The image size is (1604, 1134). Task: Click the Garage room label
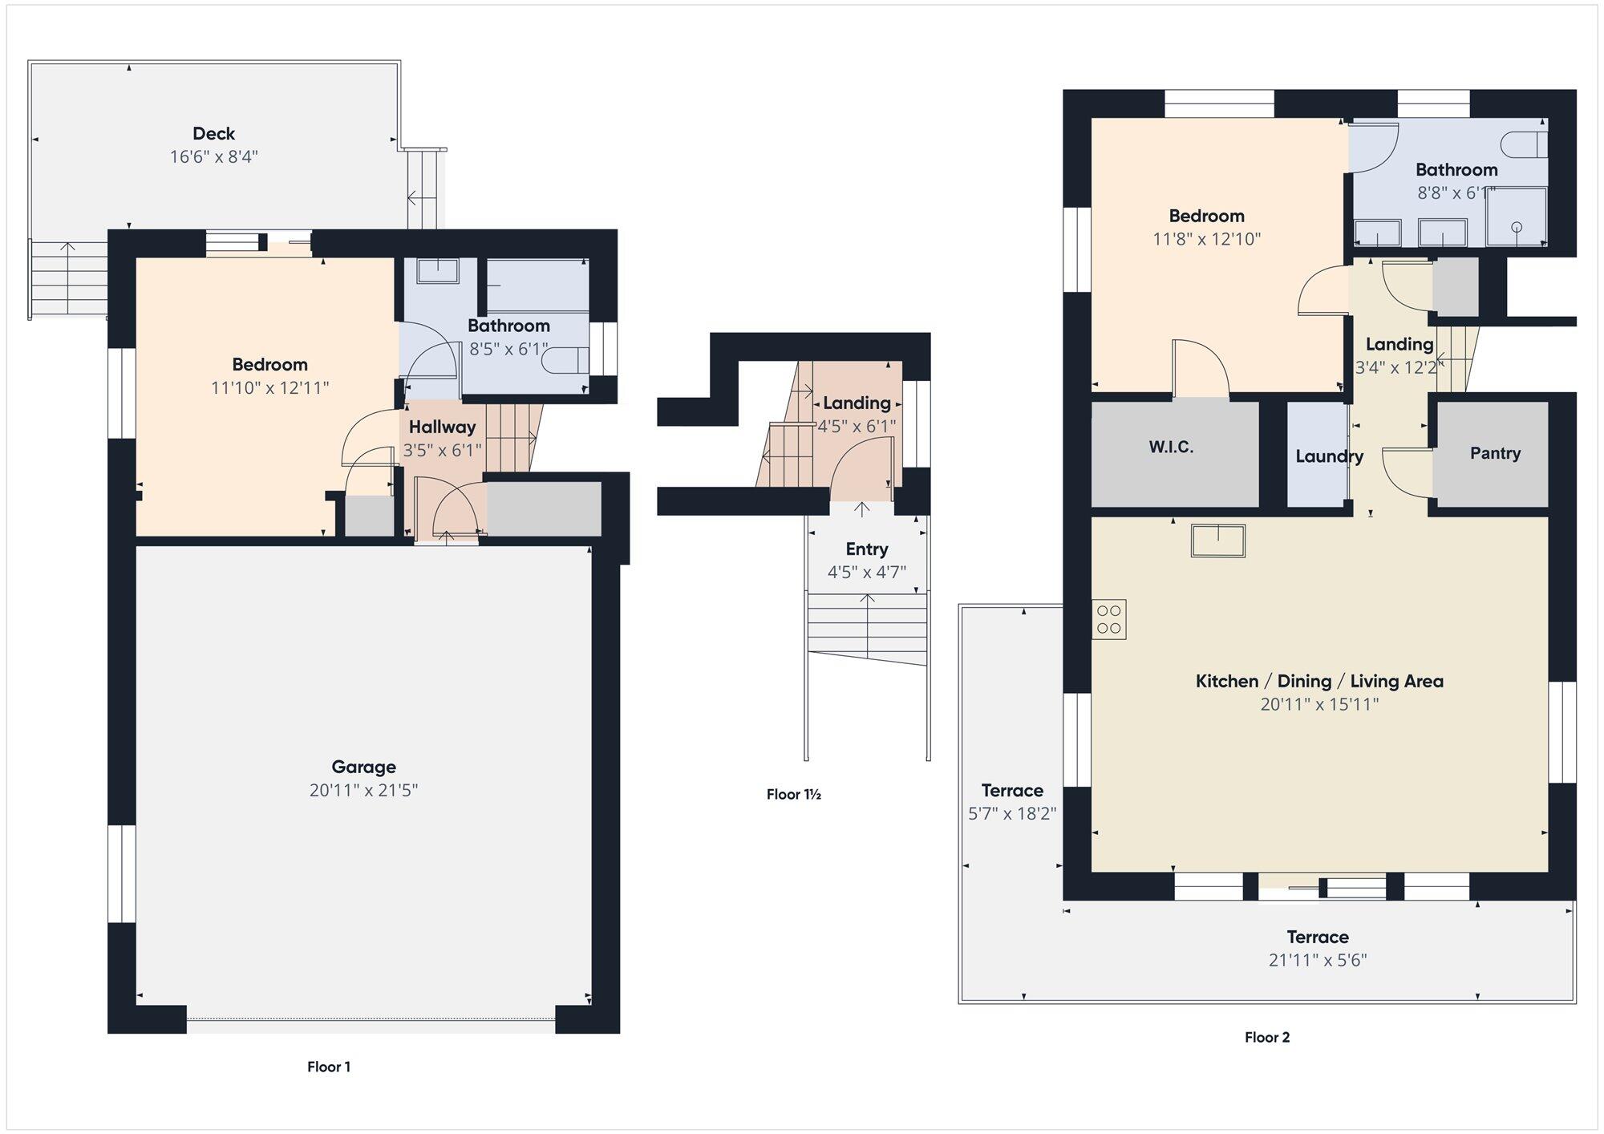coord(363,767)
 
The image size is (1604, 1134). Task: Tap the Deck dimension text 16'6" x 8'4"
coord(213,156)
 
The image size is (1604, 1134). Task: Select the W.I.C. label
coord(1171,447)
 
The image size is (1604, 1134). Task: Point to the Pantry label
coord(1495,453)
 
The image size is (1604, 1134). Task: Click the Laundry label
coord(1329,456)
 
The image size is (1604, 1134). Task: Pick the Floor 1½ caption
coord(793,794)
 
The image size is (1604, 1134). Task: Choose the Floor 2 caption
coord(1267,1037)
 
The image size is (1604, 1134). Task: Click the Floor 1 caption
coord(329,1067)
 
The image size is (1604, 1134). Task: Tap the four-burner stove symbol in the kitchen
coord(1108,619)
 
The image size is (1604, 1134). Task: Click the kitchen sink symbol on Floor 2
coord(1217,541)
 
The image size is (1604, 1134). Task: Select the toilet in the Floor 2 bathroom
coord(1523,145)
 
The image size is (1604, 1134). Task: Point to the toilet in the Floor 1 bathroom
coord(565,361)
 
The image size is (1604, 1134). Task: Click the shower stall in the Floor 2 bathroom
coord(1516,217)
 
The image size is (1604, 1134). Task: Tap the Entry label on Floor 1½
coord(867,549)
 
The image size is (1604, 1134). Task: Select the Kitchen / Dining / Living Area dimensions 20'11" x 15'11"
coord(1319,704)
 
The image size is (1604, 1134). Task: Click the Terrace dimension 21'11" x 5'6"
coord(1318,960)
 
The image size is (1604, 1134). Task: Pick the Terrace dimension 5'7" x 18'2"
coord(1012,813)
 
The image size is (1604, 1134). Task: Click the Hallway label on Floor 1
coord(442,427)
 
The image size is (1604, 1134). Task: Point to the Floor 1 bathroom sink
coord(438,270)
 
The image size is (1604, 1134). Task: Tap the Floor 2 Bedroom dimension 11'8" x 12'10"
coord(1206,238)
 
